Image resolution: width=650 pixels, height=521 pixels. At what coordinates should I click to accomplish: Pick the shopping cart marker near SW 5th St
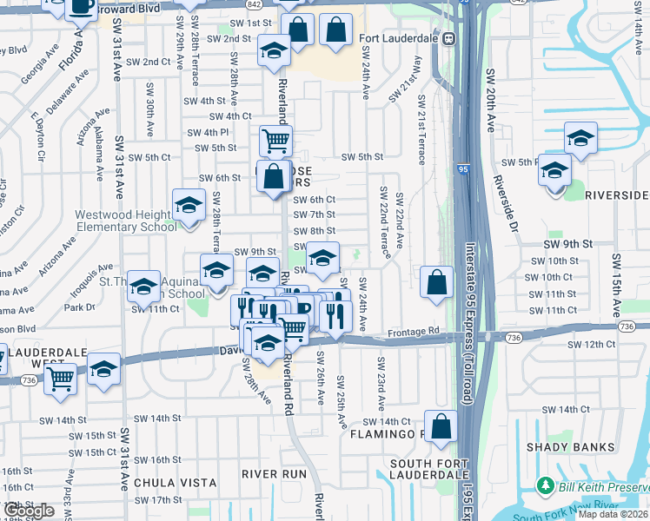tap(275, 140)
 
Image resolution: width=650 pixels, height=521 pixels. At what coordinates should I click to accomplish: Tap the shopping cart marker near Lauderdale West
tap(60, 378)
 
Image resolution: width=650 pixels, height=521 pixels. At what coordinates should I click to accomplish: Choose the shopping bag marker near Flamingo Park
tap(441, 425)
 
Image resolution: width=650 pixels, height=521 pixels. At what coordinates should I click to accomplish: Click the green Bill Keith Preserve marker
tap(545, 485)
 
